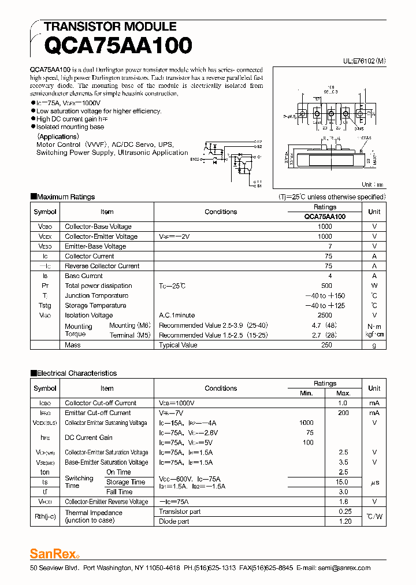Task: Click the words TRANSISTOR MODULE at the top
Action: pos(110,27)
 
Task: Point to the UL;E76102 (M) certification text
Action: pos(365,60)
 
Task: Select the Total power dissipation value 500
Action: pos(326,286)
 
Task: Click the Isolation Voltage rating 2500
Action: pos(325,315)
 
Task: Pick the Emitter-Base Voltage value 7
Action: pos(329,246)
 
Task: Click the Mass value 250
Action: pos(326,345)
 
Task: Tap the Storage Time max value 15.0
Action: pos(342,482)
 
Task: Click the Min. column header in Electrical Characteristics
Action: pos(306,393)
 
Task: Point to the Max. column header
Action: pos(343,393)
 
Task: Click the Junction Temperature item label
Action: pos(96,295)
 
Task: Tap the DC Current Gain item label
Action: pos(88,438)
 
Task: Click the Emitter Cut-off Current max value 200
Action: pos(343,413)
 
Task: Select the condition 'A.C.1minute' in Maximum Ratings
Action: pos(177,315)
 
